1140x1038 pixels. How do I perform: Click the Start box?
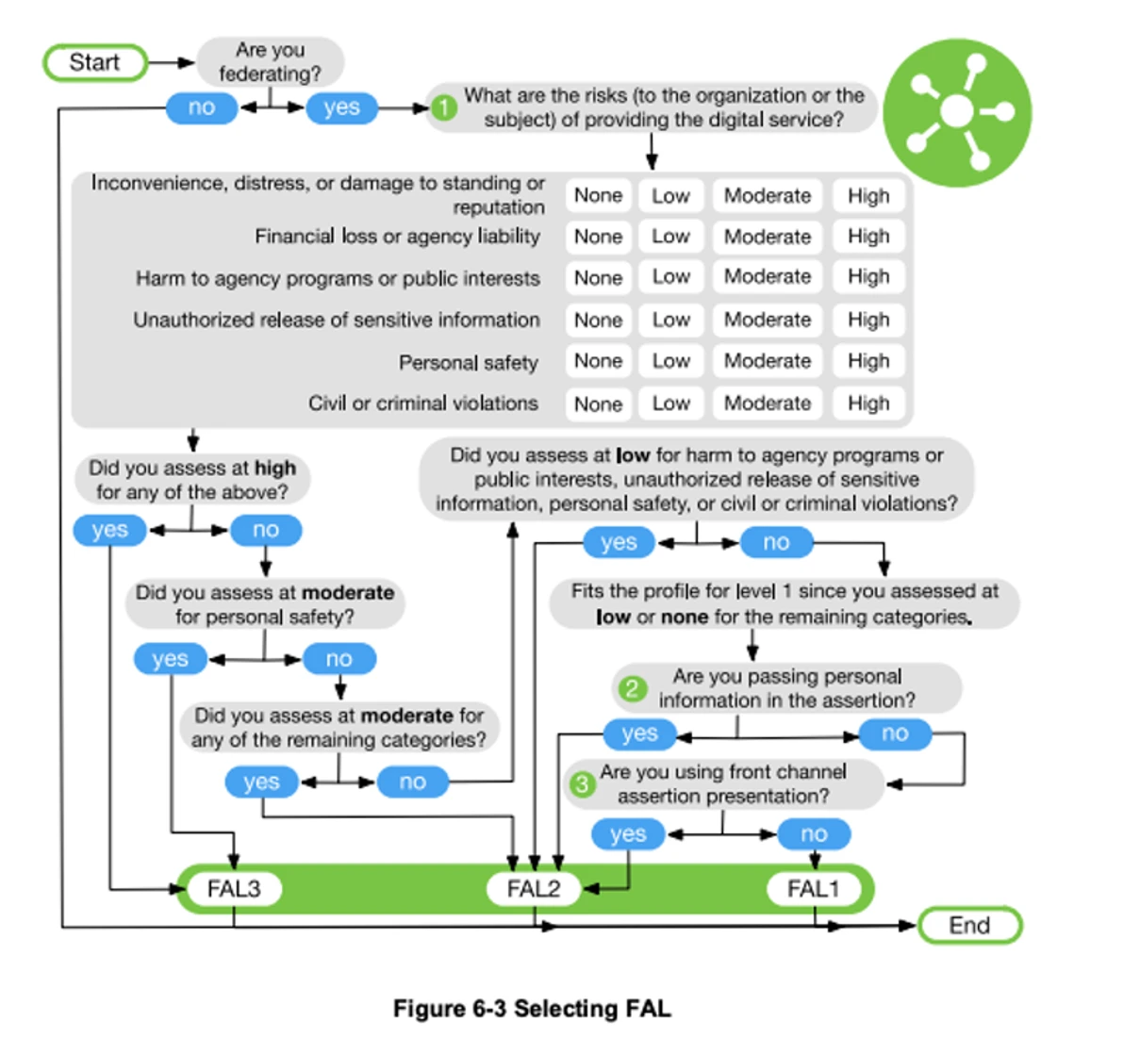tap(95, 63)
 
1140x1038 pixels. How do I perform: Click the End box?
tap(969, 926)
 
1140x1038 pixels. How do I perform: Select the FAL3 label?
tap(234, 889)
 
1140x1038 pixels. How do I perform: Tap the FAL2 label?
tap(534, 889)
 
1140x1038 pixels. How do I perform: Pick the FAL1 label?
tap(813, 889)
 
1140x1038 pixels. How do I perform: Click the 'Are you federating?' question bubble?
tap(270, 61)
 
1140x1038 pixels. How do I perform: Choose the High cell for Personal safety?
tap(868, 361)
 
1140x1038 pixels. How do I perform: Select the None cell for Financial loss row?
tap(599, 237)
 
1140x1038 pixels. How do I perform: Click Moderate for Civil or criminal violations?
tap(768, 404)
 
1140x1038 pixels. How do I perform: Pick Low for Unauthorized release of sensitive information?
tap(670, 320)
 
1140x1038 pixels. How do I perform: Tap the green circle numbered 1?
tap(443, 107)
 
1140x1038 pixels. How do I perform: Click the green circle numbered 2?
tap(632, 688)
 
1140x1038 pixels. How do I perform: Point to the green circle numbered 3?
tap(582, 783)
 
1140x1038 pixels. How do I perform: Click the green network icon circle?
tap(957, 111)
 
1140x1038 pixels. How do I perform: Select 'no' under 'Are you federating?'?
tap(202, 107)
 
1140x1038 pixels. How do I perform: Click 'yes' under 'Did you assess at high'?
tap(109, 530)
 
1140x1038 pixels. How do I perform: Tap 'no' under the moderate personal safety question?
tap(339, 659)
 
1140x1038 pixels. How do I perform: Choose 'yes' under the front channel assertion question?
tap(628, 834)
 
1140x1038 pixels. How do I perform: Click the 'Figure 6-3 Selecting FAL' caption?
tap(532, 1009)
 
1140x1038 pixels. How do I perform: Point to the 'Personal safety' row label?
tap(468, 363)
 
